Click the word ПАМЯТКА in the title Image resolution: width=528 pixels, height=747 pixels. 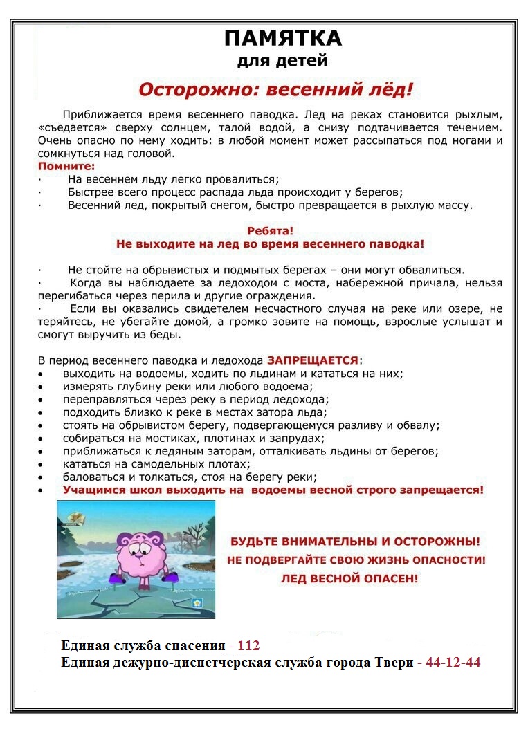coord(282,38)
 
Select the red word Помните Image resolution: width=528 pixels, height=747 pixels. coord(66,167)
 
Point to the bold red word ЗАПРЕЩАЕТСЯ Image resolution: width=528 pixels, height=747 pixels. coord(313,360)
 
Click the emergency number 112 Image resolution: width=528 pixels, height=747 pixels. coord(248,646)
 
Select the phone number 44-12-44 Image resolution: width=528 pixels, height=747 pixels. coord(453,663)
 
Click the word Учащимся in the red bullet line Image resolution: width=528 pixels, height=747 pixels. coord(91,490)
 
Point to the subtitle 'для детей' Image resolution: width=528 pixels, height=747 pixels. coord(282,62)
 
